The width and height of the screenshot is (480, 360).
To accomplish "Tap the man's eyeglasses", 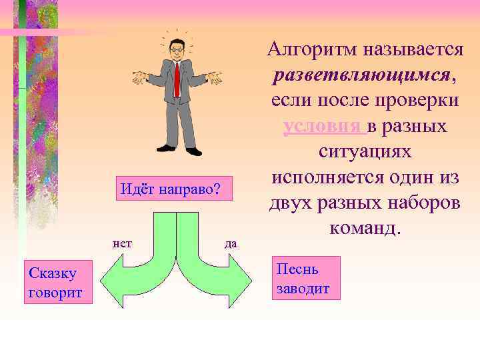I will (x=177, y=49).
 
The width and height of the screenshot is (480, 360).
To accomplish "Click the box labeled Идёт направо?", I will (x=170, y=188).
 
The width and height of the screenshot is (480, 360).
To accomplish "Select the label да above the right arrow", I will (x=231, y=243).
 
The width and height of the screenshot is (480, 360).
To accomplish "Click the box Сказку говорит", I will (x=53, y=282).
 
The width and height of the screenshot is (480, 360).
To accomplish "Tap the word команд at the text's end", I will (x=363, y=229).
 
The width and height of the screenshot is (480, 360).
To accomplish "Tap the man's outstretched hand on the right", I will (x=215, y=80).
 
